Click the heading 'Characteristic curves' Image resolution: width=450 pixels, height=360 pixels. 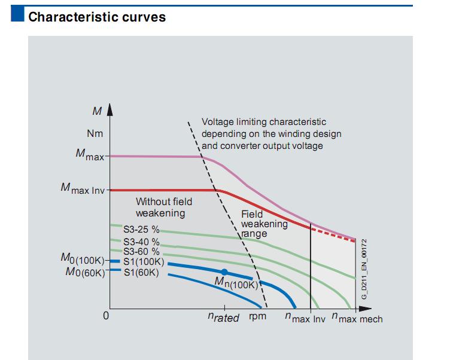coord(97,17)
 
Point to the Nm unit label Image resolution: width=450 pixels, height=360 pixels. coord(95,133)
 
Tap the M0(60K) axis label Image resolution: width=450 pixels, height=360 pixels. coord(84,273)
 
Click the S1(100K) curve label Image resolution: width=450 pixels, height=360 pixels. coord(142,261)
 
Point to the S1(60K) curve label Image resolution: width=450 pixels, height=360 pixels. coord(141,273)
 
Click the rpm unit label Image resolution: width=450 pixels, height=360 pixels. coord(258,317)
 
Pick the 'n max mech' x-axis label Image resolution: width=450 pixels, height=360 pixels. coord(357,318)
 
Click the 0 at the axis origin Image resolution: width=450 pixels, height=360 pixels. coord(106,316)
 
